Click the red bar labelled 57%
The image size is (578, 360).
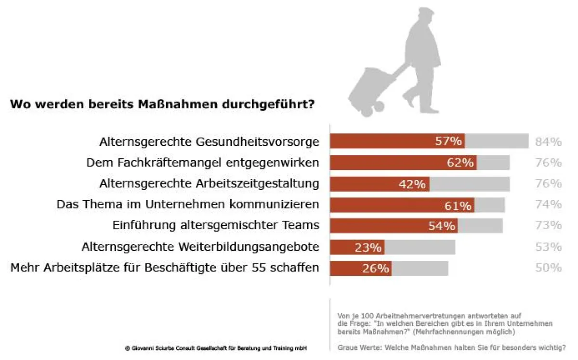coord(397,141)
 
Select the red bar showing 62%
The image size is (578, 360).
coord(404,163)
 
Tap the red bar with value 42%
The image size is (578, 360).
coord(380,184)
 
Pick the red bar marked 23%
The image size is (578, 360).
coord(357,247)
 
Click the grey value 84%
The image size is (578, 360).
coord(548,142)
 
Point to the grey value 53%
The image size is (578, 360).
coord(548,247)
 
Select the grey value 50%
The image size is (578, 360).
coord(548,268)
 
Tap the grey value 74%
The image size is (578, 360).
coord(548,205)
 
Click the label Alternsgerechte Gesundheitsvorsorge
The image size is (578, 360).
coord(209,142)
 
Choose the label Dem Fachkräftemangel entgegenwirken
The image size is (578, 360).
coord(202,163)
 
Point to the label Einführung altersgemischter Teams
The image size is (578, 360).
coord(216,226)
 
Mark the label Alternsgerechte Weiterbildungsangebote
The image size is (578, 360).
coord(200,247)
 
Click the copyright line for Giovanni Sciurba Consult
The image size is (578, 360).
coord(215,348)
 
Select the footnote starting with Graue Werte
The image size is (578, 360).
coord(451,347)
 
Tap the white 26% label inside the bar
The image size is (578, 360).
coord(375,269)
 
